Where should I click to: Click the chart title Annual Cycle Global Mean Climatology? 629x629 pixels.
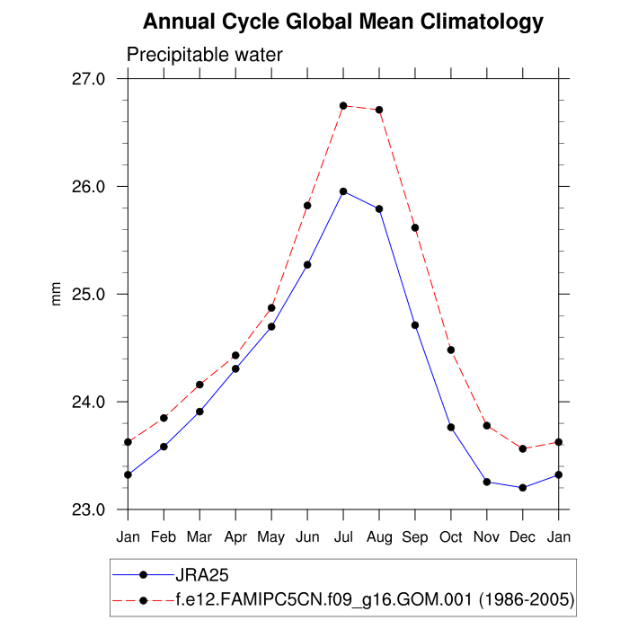point(343,22)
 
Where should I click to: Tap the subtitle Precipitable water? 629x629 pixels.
point(205,55)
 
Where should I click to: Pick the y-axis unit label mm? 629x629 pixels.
point(58,294)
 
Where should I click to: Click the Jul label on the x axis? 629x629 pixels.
point(343,536)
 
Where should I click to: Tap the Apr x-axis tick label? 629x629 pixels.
point(235,536)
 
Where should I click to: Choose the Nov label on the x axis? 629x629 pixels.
point(487,536)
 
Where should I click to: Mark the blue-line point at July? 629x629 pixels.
point(343,191)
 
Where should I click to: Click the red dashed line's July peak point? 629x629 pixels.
point(343,106)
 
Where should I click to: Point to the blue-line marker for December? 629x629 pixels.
point(523,488)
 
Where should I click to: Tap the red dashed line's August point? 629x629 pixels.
point(379,110)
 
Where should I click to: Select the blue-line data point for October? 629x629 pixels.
point(451,427)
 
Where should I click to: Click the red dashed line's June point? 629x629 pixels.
point(307,206)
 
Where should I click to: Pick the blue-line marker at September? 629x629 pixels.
point(415,324)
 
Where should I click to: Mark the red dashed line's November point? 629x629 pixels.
point(487,425)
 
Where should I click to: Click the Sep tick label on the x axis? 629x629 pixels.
point(415,536)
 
